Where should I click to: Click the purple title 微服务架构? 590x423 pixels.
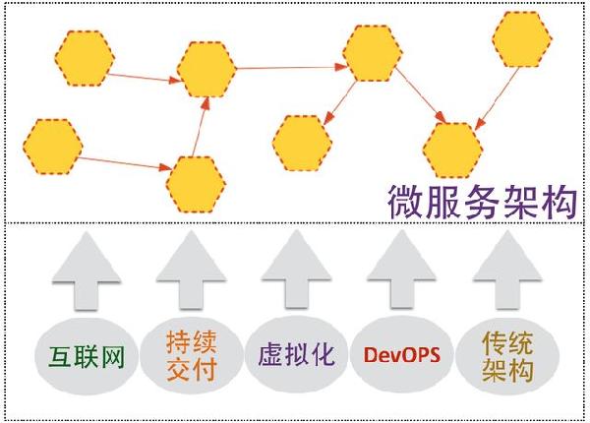coord(483,202)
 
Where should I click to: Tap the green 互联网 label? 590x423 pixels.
coord(87,356)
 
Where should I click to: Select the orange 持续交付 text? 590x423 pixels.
coord(192,355)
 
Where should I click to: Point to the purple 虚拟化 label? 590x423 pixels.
coord(297,354)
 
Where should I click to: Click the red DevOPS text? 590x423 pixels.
coord(402,354)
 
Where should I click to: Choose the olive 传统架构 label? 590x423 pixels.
coord(507,356)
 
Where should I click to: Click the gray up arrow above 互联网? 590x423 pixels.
coord(87,271)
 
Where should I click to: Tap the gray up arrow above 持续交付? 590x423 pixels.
coord(191,271)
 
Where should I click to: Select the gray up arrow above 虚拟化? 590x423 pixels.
coord(296,270)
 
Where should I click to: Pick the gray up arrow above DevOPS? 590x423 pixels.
coord(401,270)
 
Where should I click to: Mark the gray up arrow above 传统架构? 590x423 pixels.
coord(507,271)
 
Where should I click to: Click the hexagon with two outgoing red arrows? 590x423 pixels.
coord(373,53)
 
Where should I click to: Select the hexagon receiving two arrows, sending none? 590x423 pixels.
coord(452,151)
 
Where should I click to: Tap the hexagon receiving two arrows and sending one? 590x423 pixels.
coord(206,70)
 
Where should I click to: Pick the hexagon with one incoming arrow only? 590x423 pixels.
coord(303,143)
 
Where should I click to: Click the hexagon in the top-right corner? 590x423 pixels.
coord(522,39)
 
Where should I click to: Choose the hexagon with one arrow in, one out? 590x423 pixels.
coord(196,184)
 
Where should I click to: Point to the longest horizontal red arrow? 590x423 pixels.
coord(292,68)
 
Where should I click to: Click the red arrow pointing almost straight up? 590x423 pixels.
coord(201,127)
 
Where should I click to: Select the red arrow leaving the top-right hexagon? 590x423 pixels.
coord(497,98)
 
